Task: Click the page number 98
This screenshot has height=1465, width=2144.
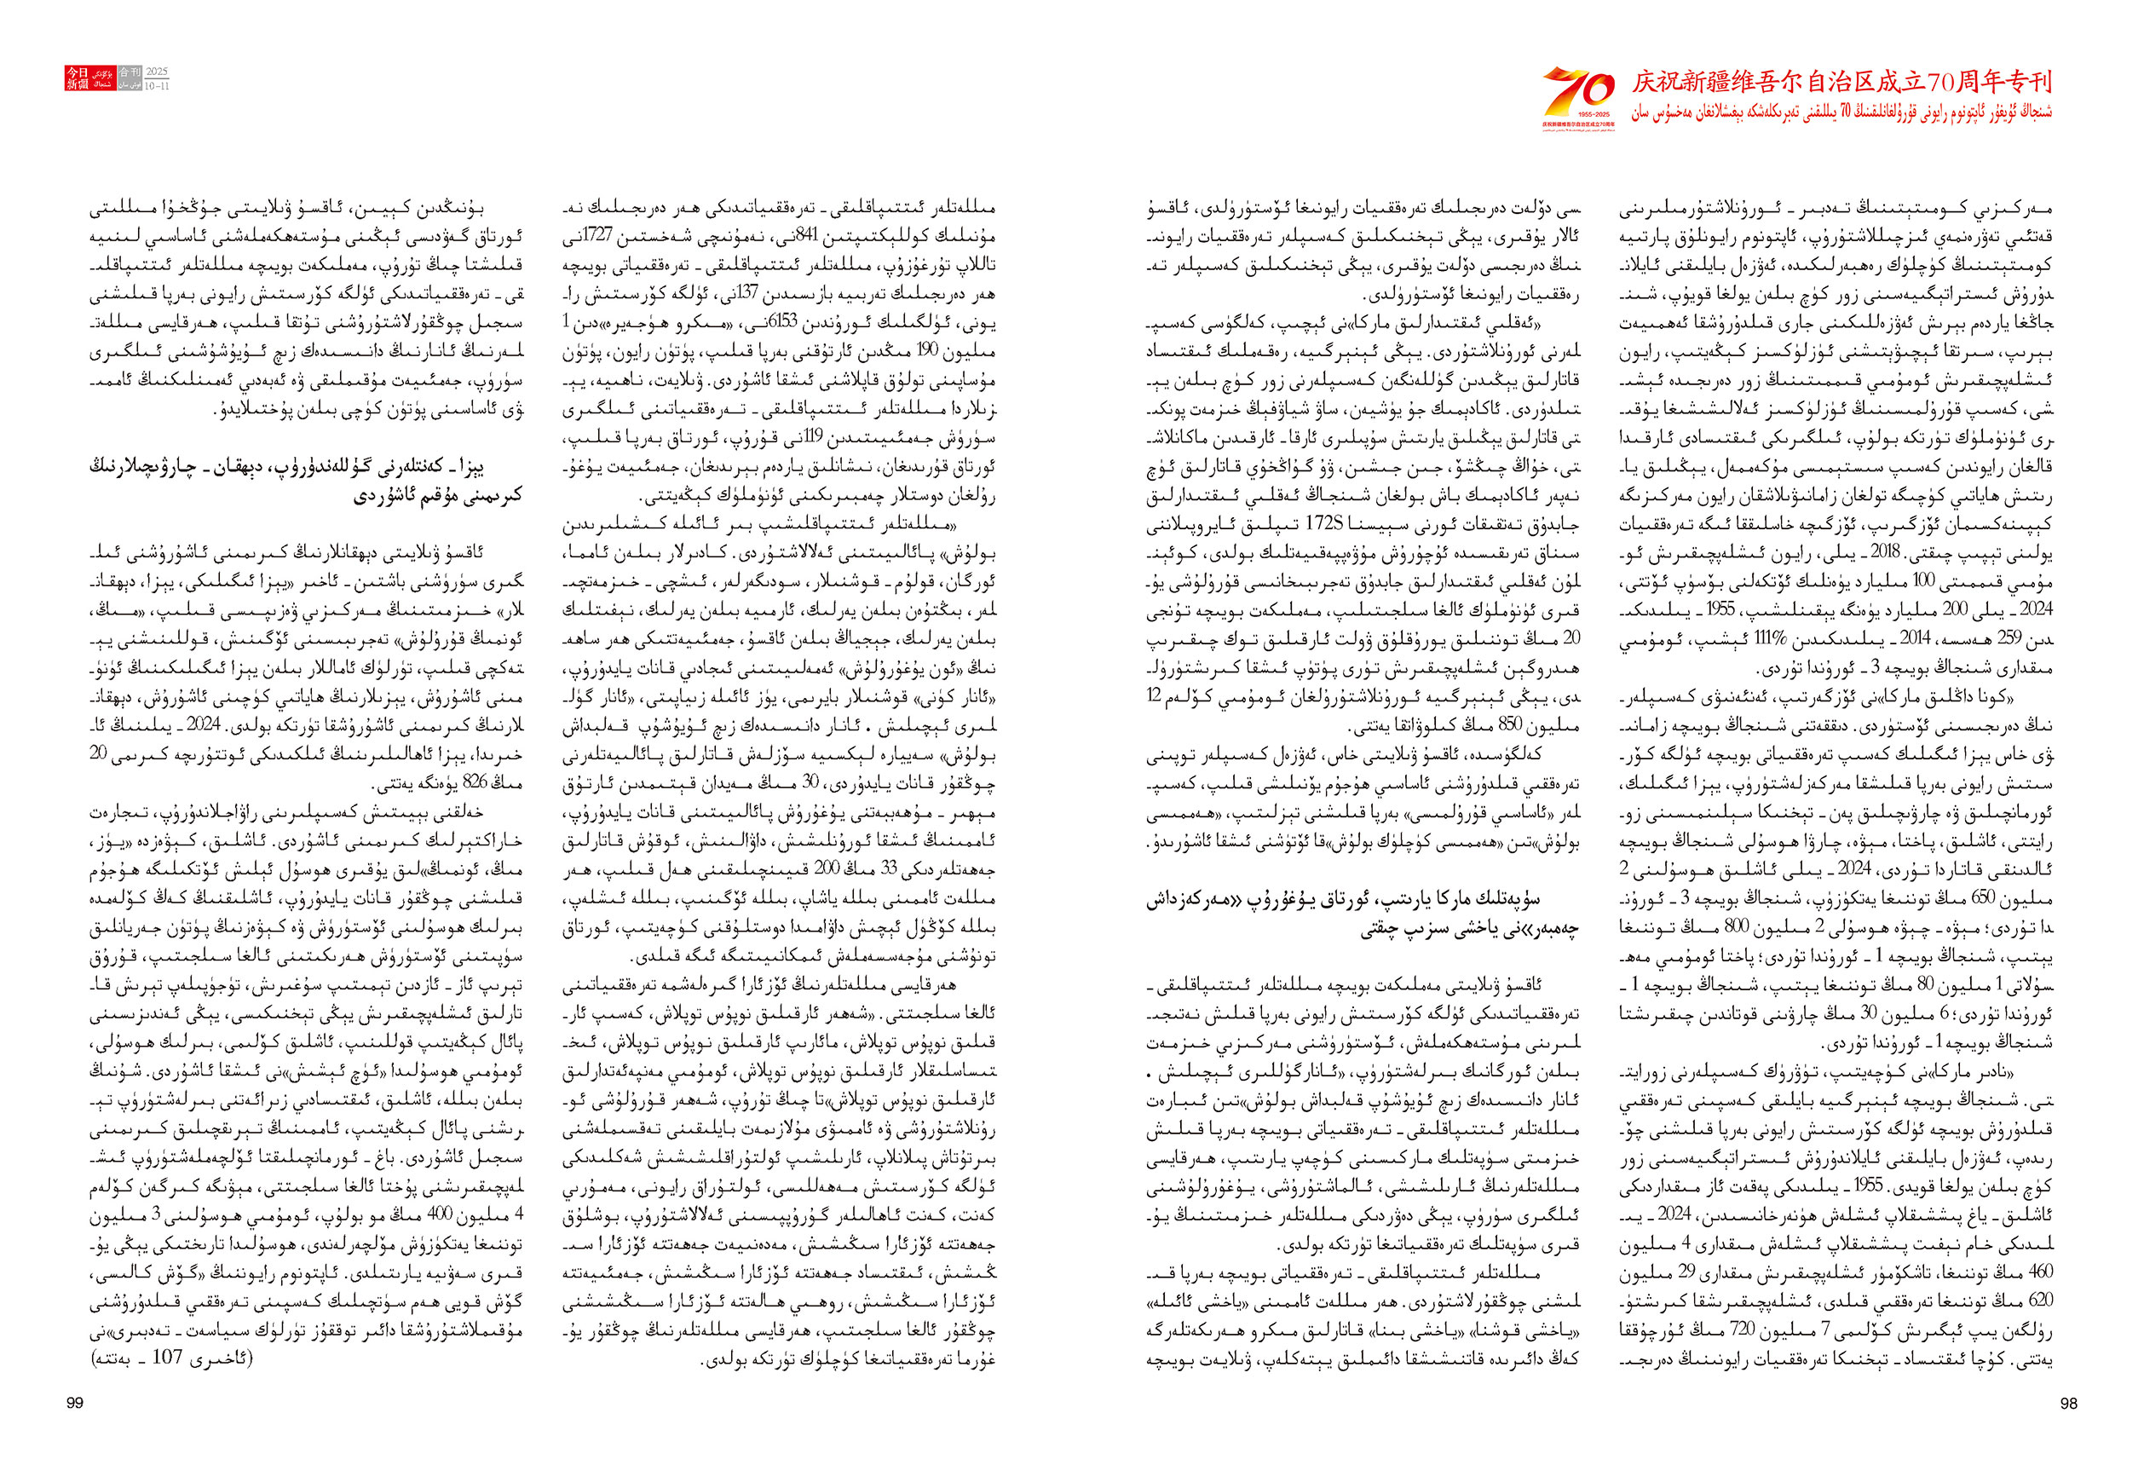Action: [2068, 1403]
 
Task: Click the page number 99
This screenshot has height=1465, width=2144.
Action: [76, 1403]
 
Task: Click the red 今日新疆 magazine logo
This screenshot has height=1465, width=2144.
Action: [78, 78]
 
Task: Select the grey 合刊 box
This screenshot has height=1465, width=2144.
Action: [130, 72]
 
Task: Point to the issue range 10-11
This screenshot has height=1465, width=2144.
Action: [158, 85]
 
